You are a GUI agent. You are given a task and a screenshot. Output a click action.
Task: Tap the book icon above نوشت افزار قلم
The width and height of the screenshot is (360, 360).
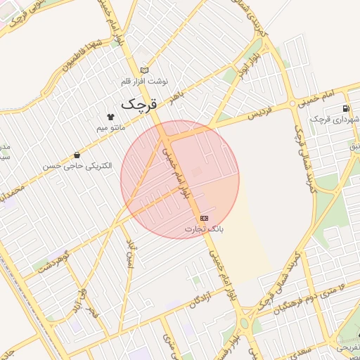click(145, 70)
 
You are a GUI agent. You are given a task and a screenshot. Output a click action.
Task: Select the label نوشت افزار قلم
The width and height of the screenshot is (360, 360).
click(146, 81)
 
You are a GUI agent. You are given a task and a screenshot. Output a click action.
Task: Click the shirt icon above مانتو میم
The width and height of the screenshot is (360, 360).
click(110, 117)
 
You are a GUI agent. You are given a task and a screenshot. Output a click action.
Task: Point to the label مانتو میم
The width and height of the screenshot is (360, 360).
click(111, 128)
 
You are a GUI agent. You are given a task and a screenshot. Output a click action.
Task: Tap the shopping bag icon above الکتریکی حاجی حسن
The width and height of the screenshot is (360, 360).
click(76, 155)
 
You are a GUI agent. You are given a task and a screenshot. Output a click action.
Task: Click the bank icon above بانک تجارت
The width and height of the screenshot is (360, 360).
click(204, 218)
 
